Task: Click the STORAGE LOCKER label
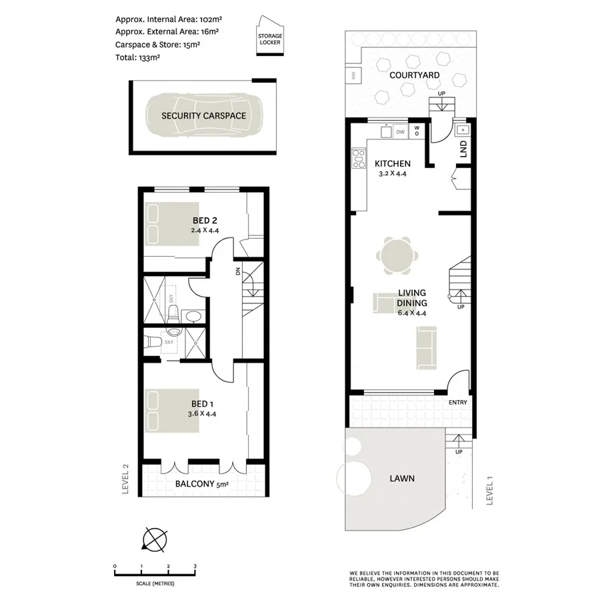click(x=270, y=39)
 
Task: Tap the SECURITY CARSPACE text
click(x=203, y=116)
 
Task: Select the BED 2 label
click(x=205, y=221)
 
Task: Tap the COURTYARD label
click(x=415, y=76)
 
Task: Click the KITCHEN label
click(x=392, y=164)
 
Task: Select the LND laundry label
click(x=463, y=151)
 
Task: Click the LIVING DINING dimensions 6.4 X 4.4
click(x=411, y=312)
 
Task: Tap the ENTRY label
click(x=458, y=402)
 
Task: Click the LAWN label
click(x=402, y=478)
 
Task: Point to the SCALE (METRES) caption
click(x=155, y=583)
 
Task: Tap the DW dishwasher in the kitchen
click(x=400, y=132)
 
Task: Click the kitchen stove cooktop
click(x=359, y=159)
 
